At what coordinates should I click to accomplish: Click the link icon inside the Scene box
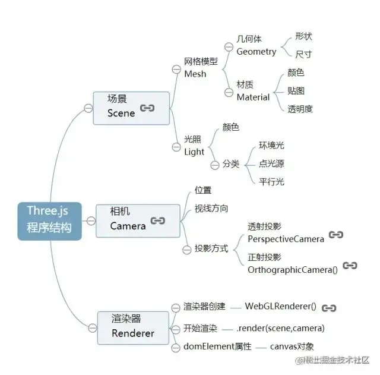pos(147,109)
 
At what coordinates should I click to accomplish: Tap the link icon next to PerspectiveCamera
pos(335,235)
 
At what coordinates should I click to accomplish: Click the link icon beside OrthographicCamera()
pos(350,266)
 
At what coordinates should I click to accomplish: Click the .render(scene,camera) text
pos(280,327)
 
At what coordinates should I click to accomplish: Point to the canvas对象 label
pos(292,346)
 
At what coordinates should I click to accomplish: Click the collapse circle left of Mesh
pos(176,69)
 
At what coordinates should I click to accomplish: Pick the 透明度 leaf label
pos(300,109)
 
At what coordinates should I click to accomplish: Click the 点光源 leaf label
pos(271,163)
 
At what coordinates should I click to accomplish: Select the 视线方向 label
pos(211,209)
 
